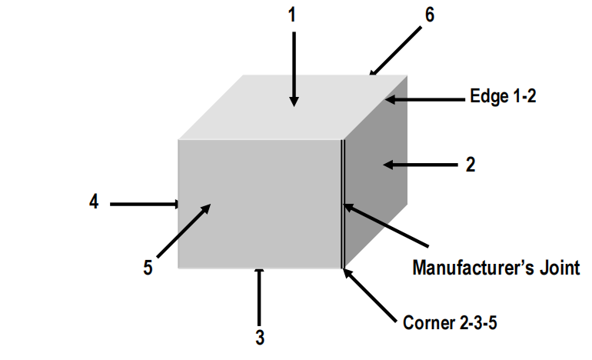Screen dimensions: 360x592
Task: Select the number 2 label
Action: (x=470, y=165)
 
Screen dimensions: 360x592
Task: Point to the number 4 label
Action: (x=93, y=203)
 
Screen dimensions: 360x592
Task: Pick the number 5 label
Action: (x=148, y=268)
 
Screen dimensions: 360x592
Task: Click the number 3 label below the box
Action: (x=260, y=337)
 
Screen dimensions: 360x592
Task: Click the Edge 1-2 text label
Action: (x=502, y=98)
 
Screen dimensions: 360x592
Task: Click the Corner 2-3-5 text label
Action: (x=450, y=322)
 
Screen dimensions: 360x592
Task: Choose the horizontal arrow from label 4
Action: (x=145, y=204)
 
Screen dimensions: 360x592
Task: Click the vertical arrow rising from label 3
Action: (x=259, y=297)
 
